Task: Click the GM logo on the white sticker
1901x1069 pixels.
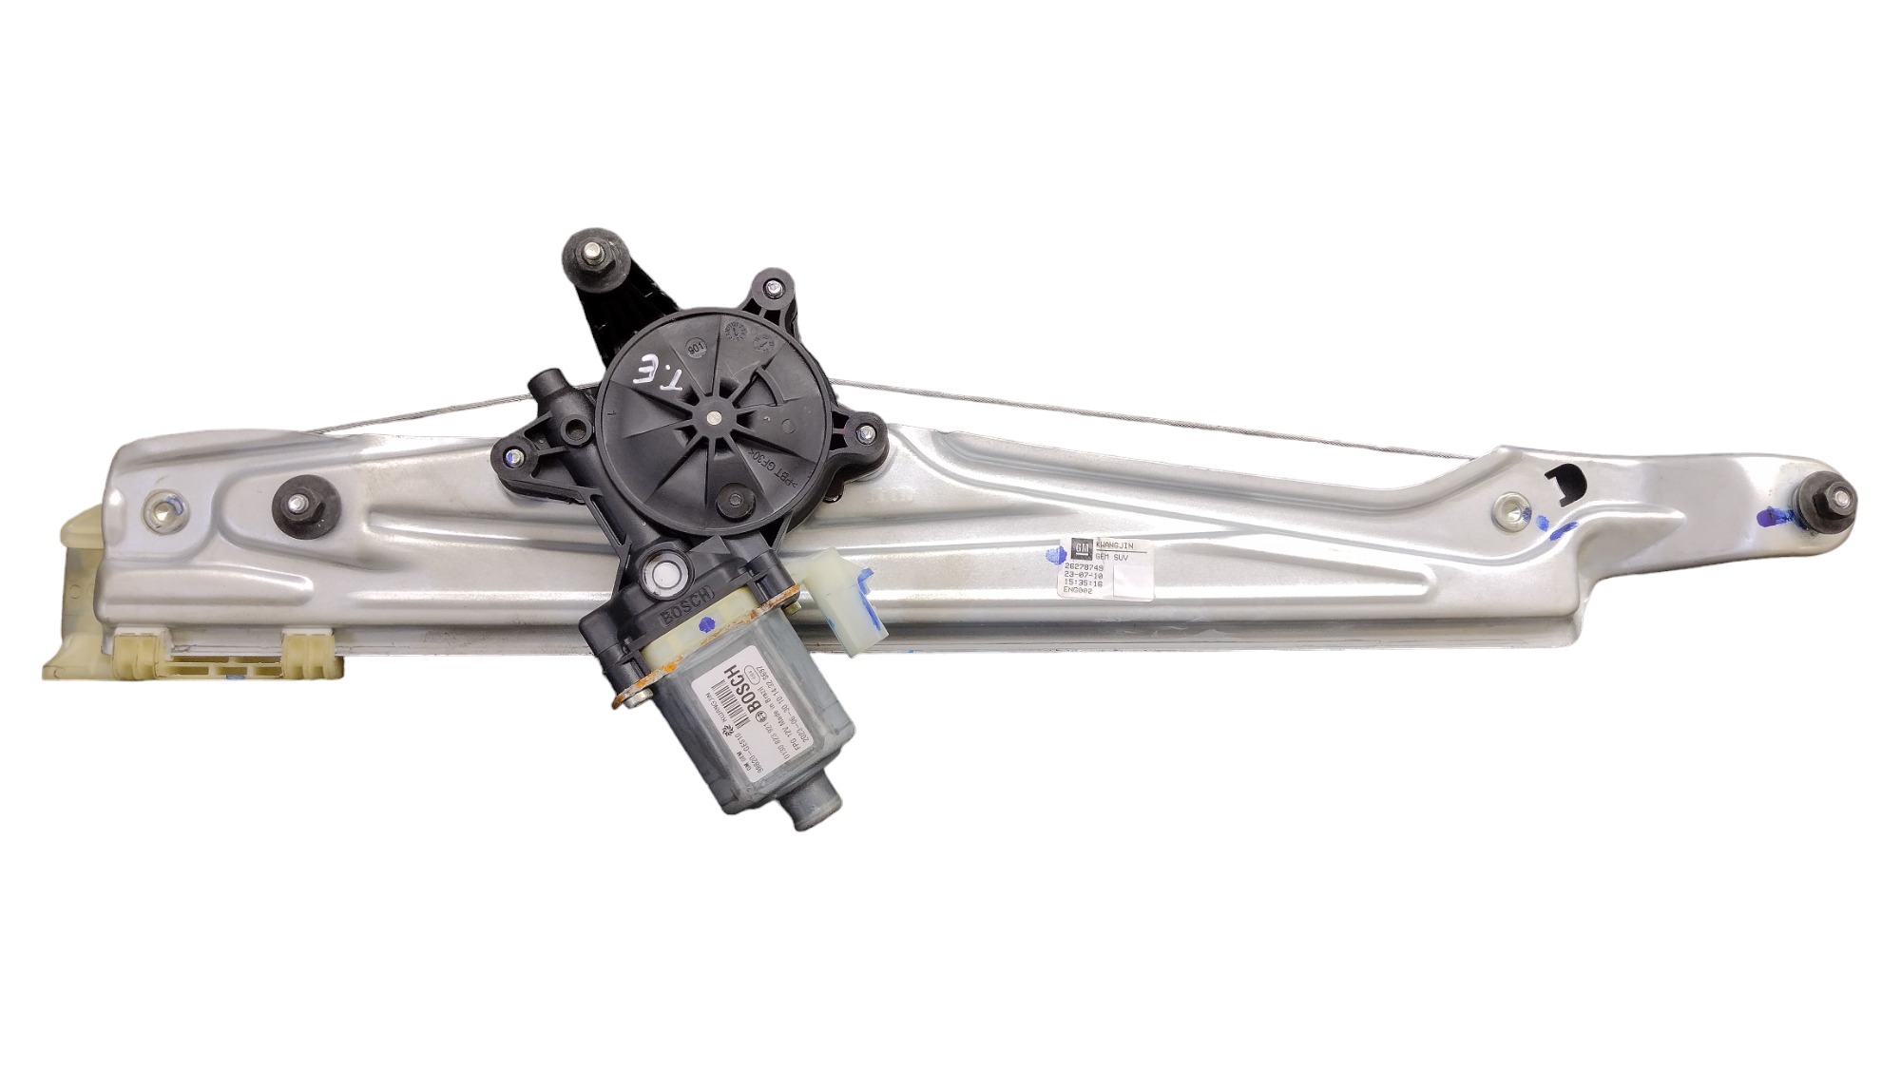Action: (1081, 548)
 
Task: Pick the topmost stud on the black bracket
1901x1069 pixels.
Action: (593, 254)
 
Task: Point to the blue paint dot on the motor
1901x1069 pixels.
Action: (705, 625)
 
